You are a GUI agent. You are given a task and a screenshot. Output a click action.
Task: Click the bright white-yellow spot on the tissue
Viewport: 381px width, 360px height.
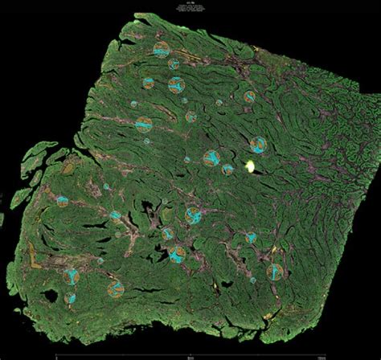(250, 167)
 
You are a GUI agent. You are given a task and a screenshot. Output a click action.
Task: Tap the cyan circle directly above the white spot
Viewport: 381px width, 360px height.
(257, 145)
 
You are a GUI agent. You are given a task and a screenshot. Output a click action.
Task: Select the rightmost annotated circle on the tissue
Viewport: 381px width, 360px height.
(275, 272)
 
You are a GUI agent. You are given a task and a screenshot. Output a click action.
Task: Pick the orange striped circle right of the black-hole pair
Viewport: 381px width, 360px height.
(117, 286)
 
